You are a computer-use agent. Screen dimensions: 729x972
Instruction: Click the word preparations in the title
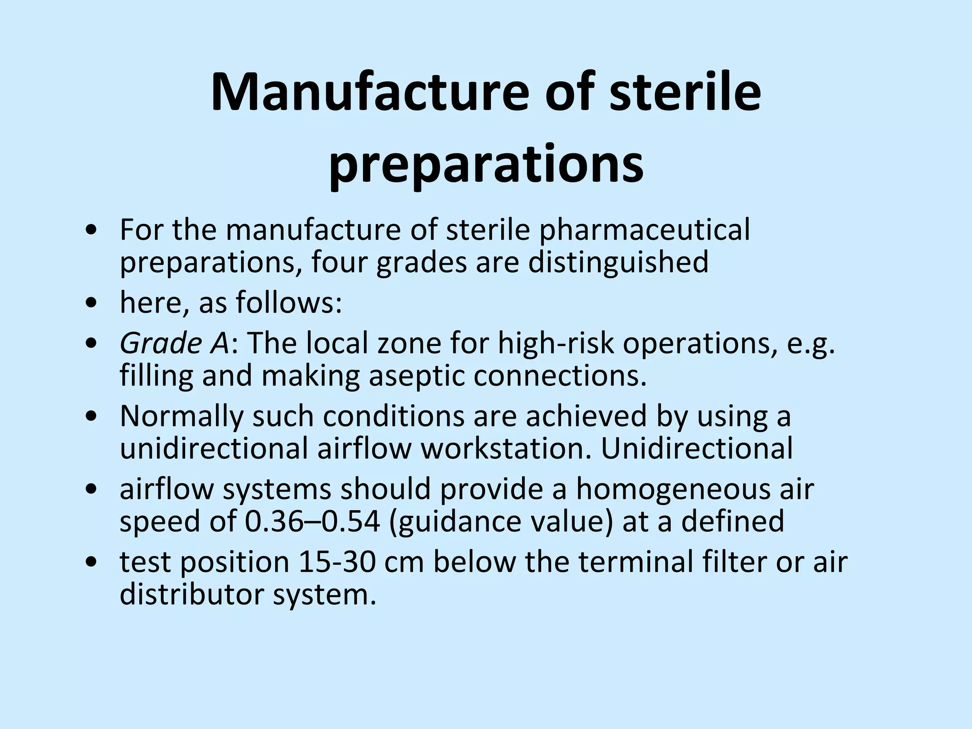[x=486, y=164]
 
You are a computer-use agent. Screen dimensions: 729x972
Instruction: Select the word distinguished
[x=618, y=262]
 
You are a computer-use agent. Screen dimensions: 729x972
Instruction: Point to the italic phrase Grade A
[x=174, y=343]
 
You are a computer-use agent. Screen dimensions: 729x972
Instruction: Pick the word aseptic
[x=417, y=375]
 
